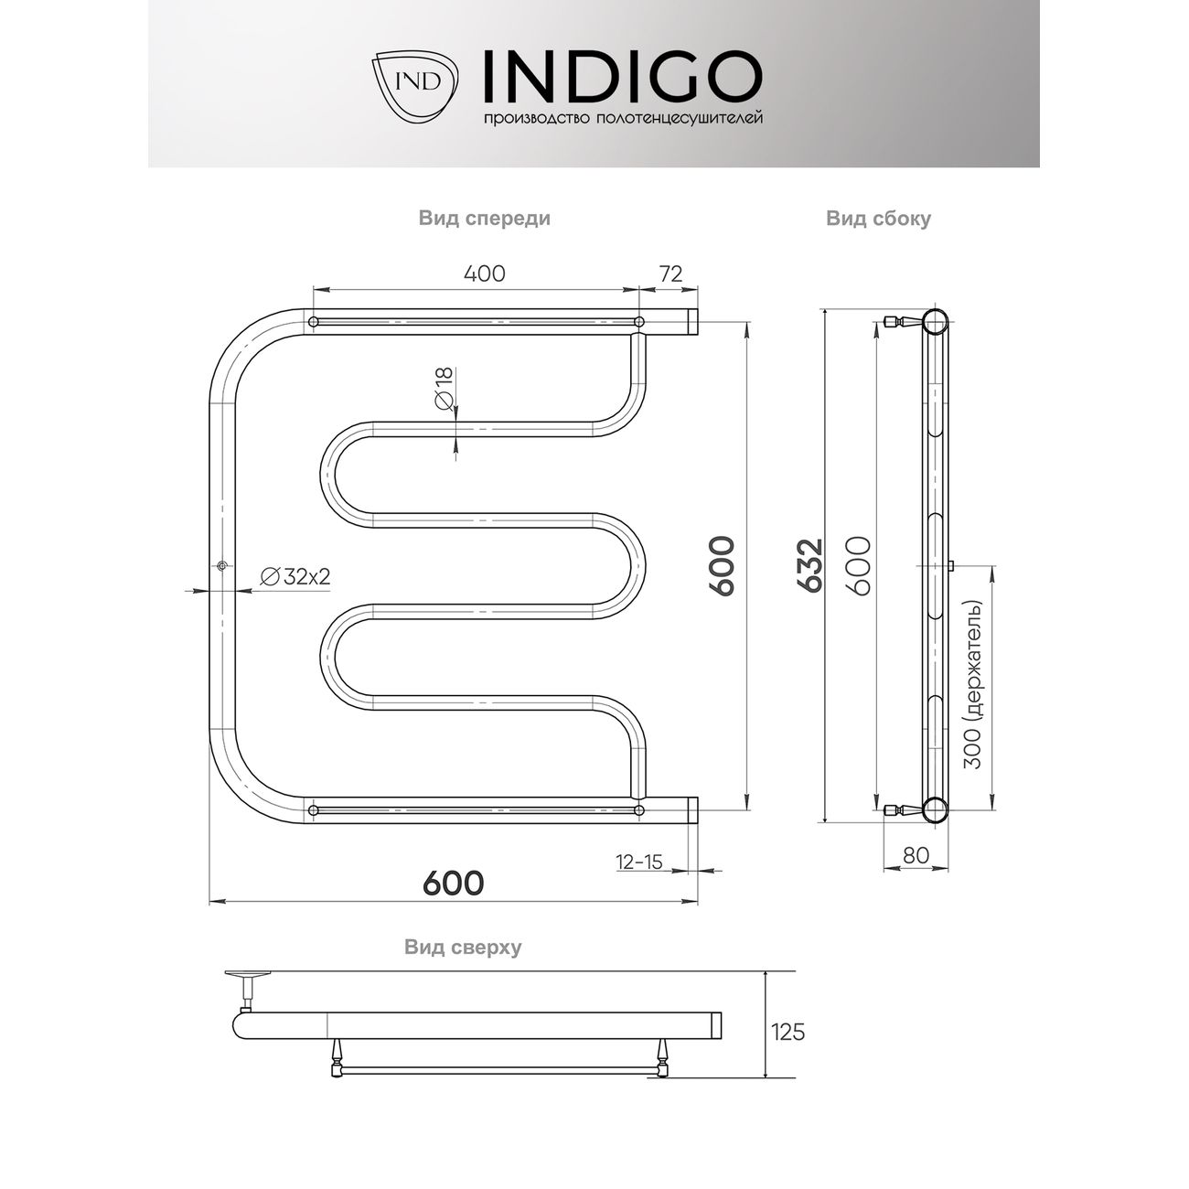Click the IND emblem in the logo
click(x=415, y=84)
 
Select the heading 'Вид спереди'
click(x=485, y=219)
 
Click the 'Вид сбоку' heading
click(x=878, y=219)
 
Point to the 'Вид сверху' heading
click(x=463, y=948)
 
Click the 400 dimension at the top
click(x=485, y=273)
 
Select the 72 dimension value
click(x=670, y=273)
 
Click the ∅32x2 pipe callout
click(x=295, y=576)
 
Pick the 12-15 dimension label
click(x=638, y=862)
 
